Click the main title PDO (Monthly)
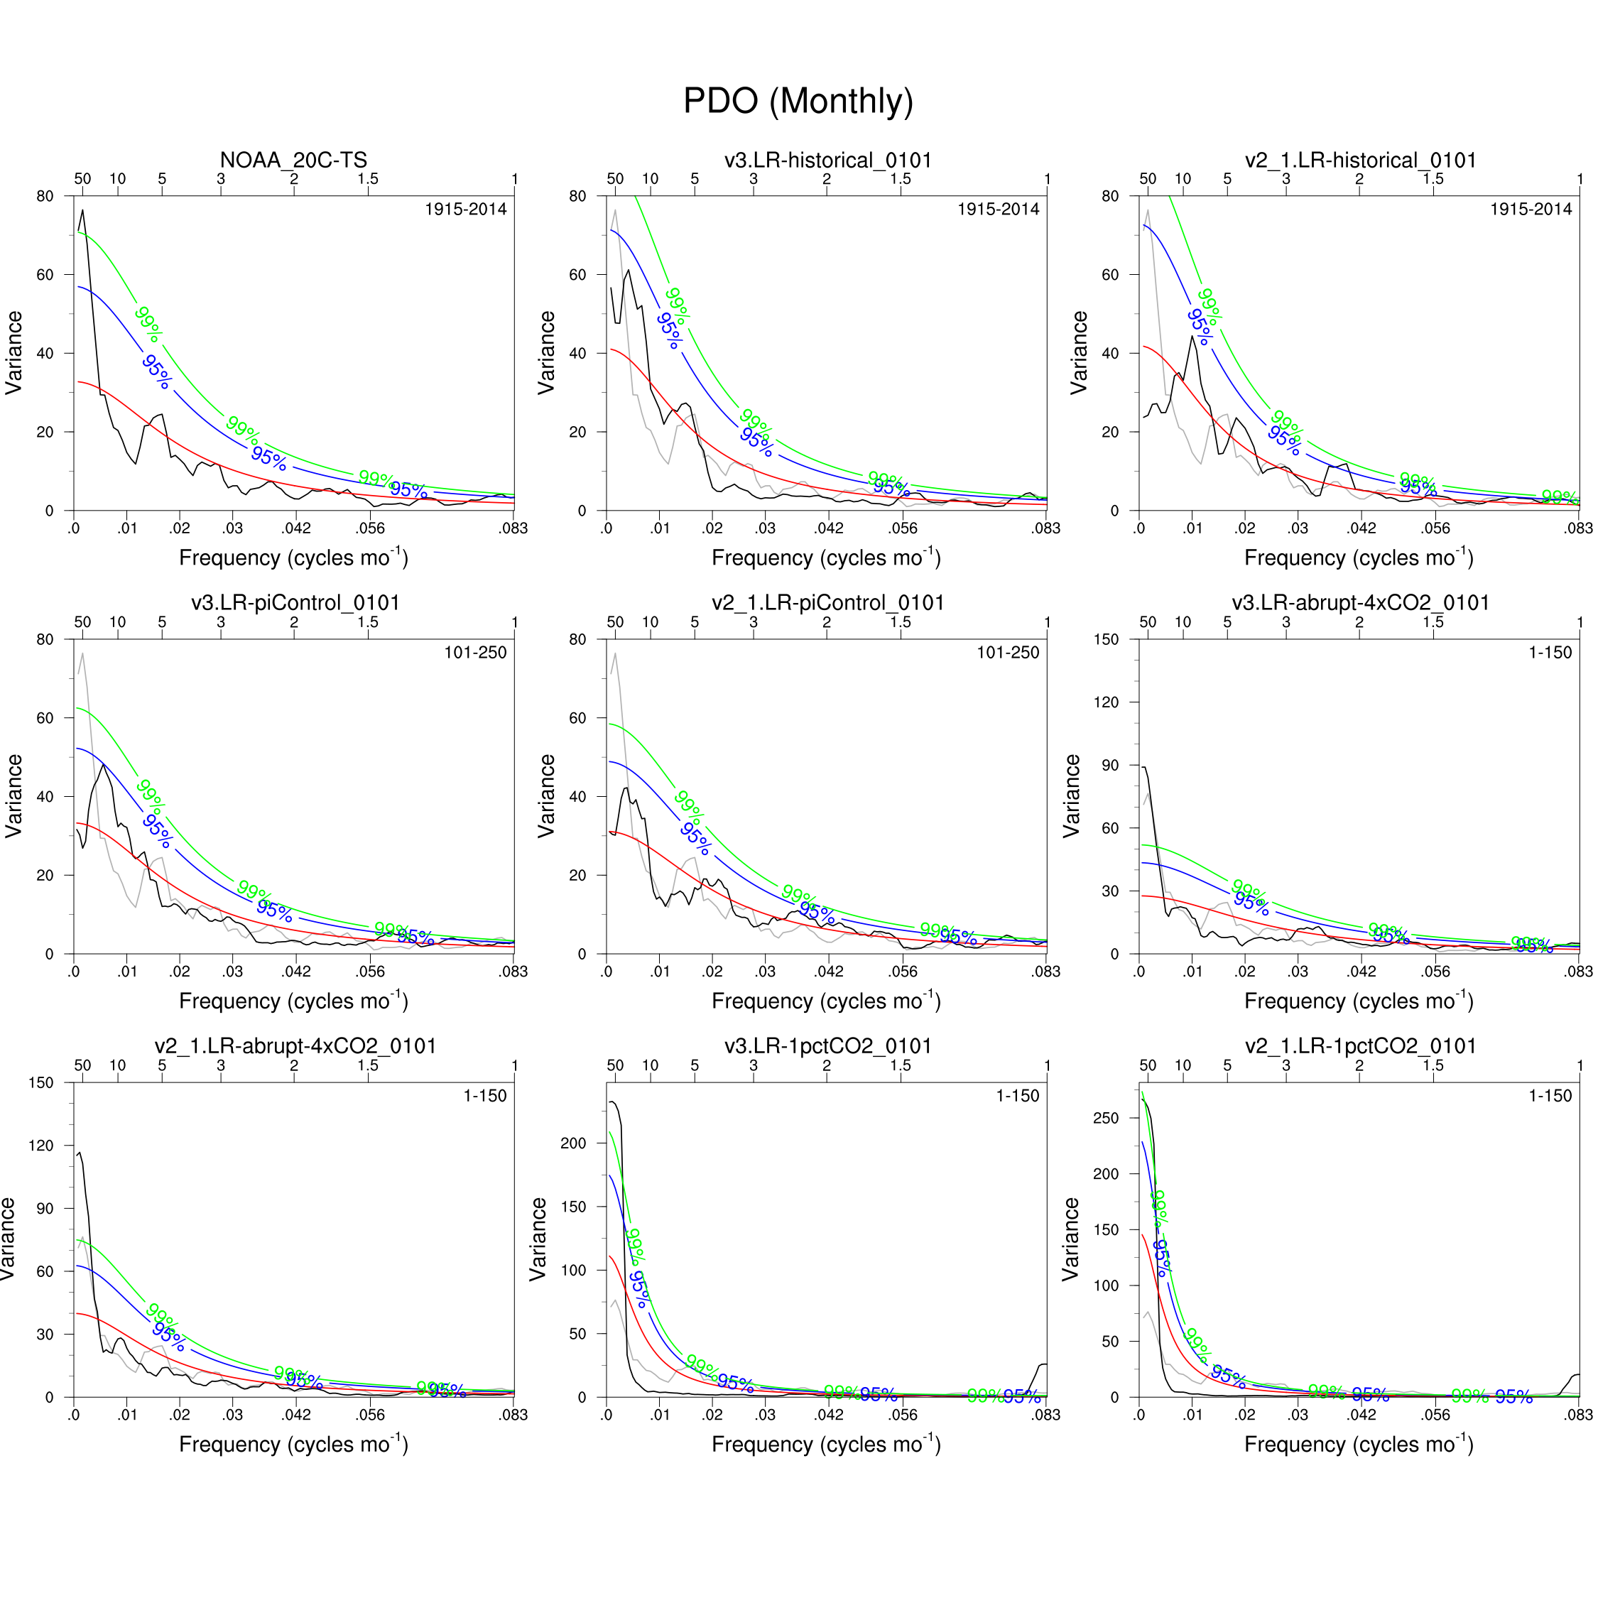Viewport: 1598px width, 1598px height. (x=798, y=101)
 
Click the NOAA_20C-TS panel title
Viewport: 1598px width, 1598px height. (x=293, y=160)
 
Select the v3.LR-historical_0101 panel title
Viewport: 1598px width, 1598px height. (x=827, y=160)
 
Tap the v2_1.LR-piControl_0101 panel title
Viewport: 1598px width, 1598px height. (x=827, y=603)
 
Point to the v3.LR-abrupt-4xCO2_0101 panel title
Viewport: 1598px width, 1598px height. (x=1360, y=603)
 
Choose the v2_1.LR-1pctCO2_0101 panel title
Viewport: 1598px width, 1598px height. (x=1360, y=1046)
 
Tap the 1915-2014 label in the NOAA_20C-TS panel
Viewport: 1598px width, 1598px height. (x=466, y=210)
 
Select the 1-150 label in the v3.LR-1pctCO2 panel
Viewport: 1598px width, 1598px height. (x=1017, y=1096)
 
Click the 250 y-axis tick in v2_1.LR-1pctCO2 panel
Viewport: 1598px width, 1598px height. (x=1106, y=1119)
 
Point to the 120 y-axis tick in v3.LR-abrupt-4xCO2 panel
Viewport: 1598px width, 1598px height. (x=1106, y=702)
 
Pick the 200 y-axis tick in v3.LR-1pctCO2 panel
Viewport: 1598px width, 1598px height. (x=573, y=1143)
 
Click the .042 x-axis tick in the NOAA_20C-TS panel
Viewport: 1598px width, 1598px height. (x=296, y=528)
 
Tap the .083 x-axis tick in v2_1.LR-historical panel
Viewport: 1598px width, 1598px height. (x=1578, y=528)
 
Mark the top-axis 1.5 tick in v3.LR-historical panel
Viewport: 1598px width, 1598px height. (x=900, y=179)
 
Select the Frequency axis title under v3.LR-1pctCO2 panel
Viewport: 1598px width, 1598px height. (x=826, y=1443)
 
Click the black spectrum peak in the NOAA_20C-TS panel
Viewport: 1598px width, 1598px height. (x=82, y=211)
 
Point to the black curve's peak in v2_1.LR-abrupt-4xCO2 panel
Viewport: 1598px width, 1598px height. (x=80, y=1153)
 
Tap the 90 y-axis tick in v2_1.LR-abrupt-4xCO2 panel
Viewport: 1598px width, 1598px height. (x=44, y=1208)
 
